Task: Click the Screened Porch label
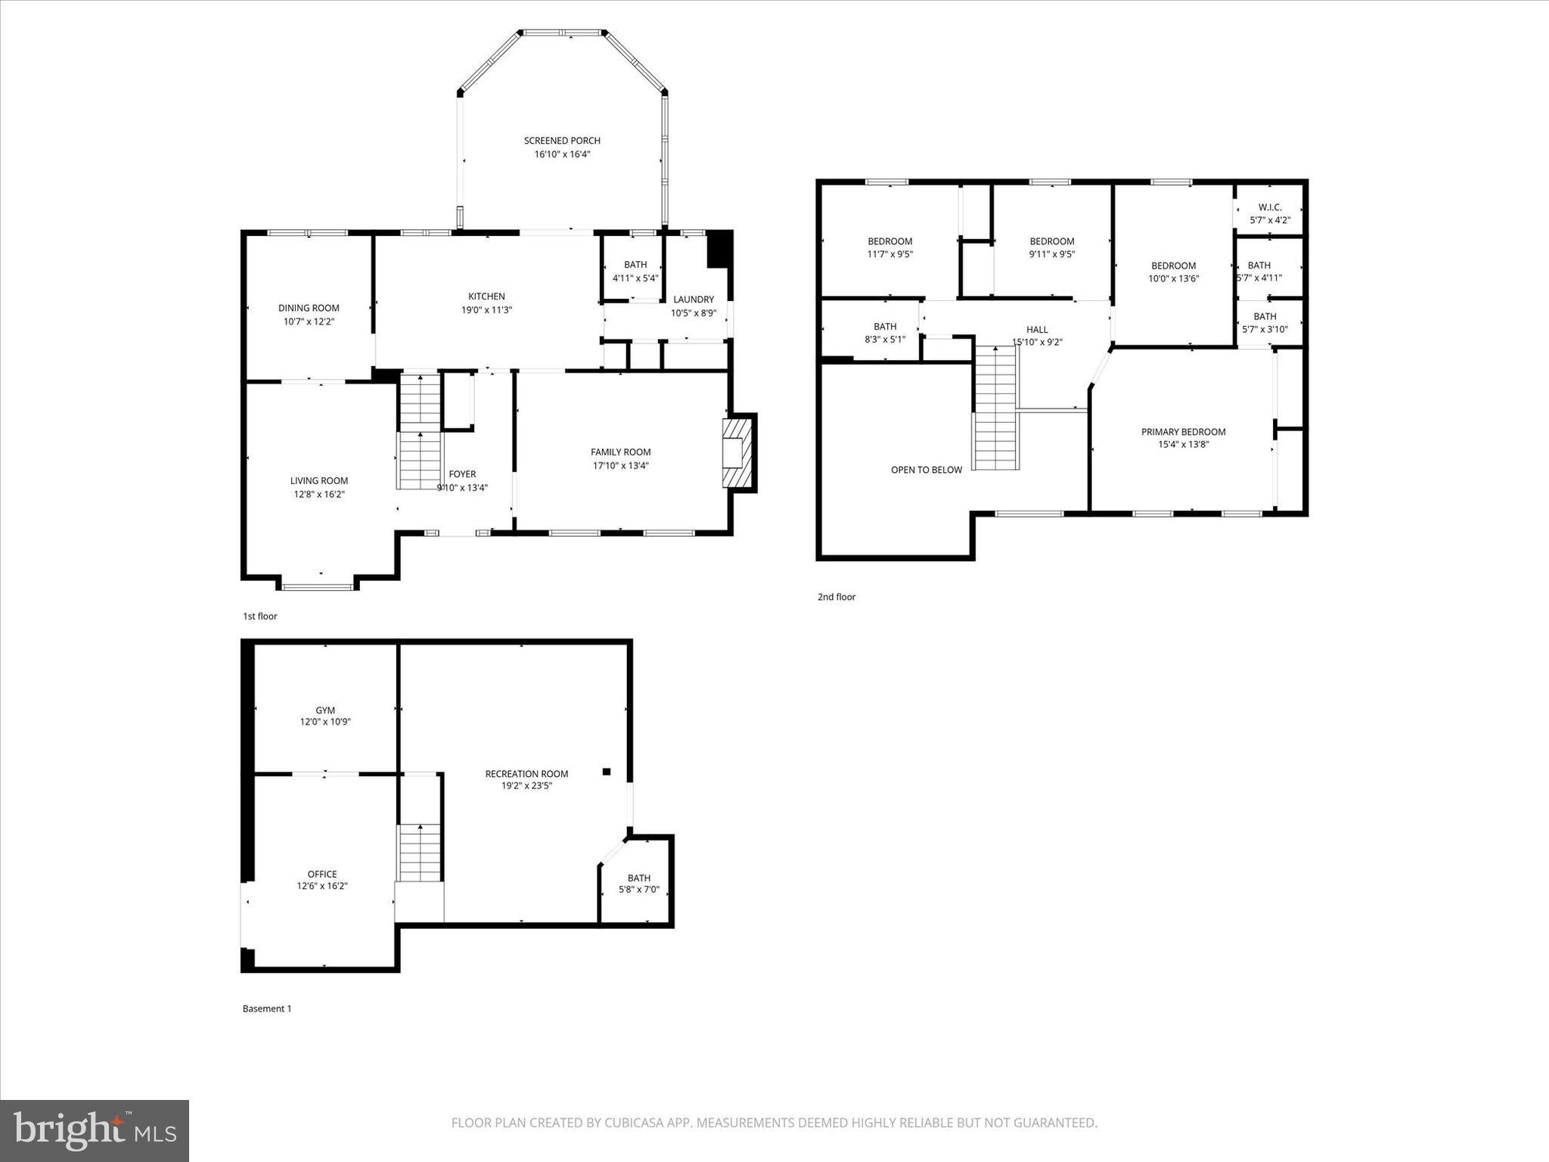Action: tap(562, 141)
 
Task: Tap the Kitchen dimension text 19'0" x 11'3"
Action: tap(486, 310)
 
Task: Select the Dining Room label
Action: tap(309, 308)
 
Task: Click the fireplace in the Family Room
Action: tap(736, 453)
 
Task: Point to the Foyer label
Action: tap(462, 474)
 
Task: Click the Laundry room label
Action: tap(693, 300)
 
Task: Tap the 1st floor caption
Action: tap(259, 617)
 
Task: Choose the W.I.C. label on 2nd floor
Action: tap(1270, 207)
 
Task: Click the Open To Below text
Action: tap(926, 470)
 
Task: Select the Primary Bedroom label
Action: tap(1183, 432)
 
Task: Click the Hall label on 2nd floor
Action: tap(1037, 330)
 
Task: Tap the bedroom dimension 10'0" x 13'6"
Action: tap(1173, 278)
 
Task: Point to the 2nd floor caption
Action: tap(836, 597)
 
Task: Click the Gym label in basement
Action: tap(325, 710)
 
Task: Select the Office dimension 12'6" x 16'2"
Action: tap(322, 886)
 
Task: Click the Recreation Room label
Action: tap(526, 774)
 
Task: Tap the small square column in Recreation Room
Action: tap(606, 772)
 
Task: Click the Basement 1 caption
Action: tap(266, 1008)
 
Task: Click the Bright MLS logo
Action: tap(95, 1130)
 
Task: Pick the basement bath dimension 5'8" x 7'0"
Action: tap(638, 890)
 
